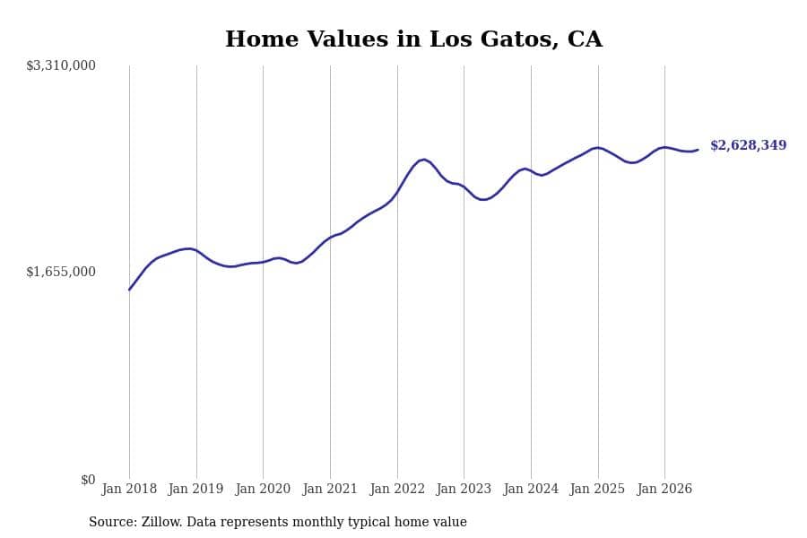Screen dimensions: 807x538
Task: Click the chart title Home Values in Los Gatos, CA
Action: pos(413,39)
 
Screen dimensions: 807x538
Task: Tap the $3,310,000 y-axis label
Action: pos(61,65)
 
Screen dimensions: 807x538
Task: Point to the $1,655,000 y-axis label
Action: pos(61,272)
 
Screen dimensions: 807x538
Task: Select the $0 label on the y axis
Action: pos(88,480)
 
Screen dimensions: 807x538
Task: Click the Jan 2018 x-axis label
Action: pos(129,489)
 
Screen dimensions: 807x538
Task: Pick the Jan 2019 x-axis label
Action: pos(196,489)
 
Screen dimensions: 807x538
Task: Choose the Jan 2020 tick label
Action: pos(263,489)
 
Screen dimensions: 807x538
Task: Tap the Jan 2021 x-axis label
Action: pos(330,489)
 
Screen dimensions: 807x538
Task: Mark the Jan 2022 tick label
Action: pos(397,489)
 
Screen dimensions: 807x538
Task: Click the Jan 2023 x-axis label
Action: pos(464,489)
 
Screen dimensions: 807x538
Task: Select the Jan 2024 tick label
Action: pos(531,489)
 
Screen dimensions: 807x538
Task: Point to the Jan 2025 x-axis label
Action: pos(597,489)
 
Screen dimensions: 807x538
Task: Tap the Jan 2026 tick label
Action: pos(664,489)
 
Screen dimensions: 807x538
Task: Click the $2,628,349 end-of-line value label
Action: pos(749,145)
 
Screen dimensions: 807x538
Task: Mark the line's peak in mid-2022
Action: pos(423,160)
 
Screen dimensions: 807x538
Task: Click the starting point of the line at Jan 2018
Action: pos(129,290)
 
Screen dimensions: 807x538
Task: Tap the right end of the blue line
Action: pos(698,150)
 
